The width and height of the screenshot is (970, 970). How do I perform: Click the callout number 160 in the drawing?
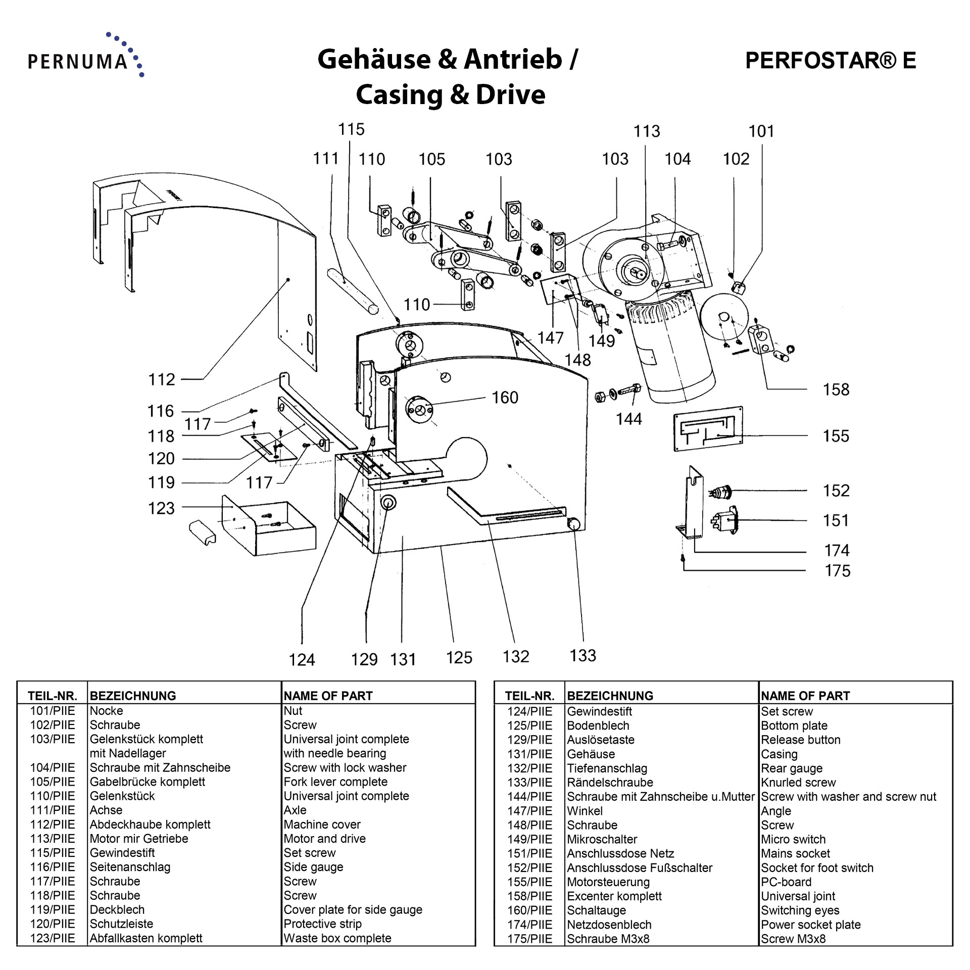pyautogui.click(x=505, y=398)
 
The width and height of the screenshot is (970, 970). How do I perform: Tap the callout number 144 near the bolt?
pyautogui.click(x=628, y=419)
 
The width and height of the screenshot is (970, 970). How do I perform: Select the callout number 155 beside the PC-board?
pyautogui.click(x=836, y=436)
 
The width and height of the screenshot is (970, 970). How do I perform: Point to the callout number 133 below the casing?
pyautogui.click(x=583, y=655)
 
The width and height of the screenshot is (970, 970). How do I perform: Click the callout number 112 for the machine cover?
pyautogui.click(x=161, y=379)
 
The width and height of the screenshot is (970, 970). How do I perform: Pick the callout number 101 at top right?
pyautogui.click(x=761, y=131)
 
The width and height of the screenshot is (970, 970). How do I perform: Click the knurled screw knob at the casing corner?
pyautogui.click(x=573, y=524)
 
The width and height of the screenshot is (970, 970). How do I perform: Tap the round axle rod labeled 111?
pyautogui.click(x=352, y=292)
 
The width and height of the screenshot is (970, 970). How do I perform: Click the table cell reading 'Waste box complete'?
pyautogui.click(x=337, y=938)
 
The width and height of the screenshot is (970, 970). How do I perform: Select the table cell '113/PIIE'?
pyautogui.click(x=52, y=839)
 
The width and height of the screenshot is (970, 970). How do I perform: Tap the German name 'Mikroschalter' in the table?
pyautogui.click(x=602, y=839)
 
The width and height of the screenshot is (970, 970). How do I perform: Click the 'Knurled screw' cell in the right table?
pyautogui.click(x=798, y=783)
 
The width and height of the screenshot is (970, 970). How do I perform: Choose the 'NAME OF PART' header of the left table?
pyautogui.click(x=328, y=696)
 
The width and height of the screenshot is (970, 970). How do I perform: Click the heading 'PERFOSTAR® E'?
pyautogui.click(x=830, y=60)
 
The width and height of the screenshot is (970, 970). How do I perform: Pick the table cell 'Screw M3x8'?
pyautogui.click(x=793, y=939)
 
